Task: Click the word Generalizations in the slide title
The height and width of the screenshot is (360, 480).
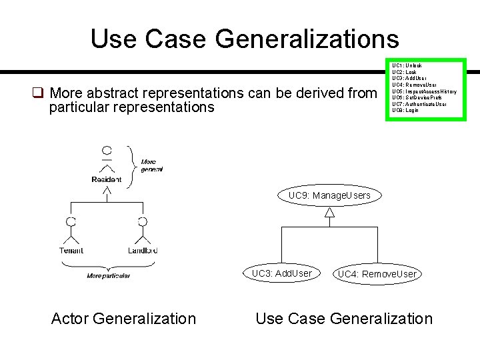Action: point(307,39)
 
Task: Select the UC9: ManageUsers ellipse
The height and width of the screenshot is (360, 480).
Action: point(329,196)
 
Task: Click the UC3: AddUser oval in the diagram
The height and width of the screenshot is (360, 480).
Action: point(281,273)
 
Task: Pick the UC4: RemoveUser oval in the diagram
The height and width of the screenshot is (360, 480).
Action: point(377,274)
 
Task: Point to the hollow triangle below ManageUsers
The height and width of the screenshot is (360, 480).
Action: point(329,213)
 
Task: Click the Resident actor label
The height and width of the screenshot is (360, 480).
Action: point(107,180)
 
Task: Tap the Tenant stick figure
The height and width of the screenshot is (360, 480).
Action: point(71,231)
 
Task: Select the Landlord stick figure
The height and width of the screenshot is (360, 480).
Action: point(142,231)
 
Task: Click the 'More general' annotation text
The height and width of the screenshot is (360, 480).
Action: point(152,165)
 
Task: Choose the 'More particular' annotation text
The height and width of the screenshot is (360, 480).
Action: point(109,276)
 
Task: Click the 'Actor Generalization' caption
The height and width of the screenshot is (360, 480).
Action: point(123,319)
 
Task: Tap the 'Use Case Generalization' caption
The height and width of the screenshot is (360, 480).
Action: point(344,319)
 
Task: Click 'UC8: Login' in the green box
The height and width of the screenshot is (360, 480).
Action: point(405,110)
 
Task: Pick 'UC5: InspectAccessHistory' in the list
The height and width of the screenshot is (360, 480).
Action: point(424,91)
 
